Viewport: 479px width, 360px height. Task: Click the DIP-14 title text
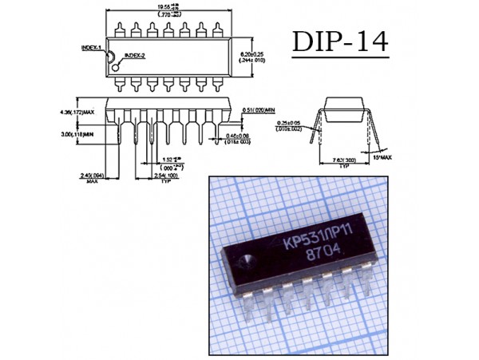(339, 42)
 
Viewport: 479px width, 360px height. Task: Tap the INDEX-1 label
(93, 48)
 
